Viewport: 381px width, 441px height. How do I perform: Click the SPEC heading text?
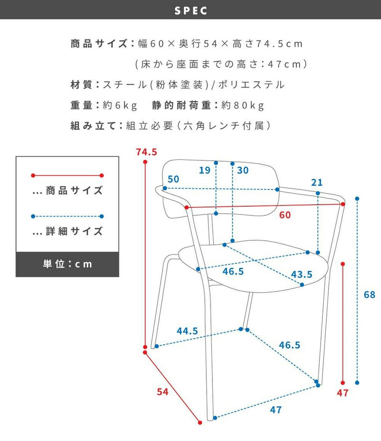pyautogui.click(x=190, y=10)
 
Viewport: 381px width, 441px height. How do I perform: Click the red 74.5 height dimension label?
pyautogui.click(x=146, y=152)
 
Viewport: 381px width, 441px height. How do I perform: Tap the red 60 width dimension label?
pyautogui.click(x=285, y=215)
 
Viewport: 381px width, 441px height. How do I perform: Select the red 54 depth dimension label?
pyautogui.click(x=162, y=392)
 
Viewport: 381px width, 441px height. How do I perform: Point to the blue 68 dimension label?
pyautogui.click(x=370, y=294)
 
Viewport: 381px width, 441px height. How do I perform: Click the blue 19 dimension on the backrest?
pyautogui.click(x=205, y=170)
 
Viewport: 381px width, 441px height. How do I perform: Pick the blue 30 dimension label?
pyautogui.click(x=243, y=170)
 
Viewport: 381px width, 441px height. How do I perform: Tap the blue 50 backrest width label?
pyautogui.click(x=173, y=179)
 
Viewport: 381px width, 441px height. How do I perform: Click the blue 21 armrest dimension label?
pyautogui.click(x=317, y=183)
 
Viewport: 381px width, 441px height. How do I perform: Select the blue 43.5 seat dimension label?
pyautogui.click(x=301, y=274)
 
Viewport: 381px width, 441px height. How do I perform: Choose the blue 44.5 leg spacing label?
pyautogui.click(x=187, y=331)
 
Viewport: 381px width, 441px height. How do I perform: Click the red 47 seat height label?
pyautogui.click(x=342, y=392)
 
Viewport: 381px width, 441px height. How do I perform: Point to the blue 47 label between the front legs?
pyautogui.click(x=276, y=410)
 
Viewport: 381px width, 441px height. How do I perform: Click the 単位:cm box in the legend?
pyautogui.click(x=67, y=265)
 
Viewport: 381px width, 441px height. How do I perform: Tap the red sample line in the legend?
pyautogui.click(x=67, y=176)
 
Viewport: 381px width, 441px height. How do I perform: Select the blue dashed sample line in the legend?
pyautogui.click(x=67, y=216)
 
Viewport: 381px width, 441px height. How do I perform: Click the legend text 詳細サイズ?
pyautogui.click(x=74, y=231)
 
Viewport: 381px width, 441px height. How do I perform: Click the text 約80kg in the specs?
pyautogui.click(x=243, y=106)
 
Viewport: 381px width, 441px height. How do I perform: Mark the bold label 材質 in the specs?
pyautogui.click(x=81, y=85)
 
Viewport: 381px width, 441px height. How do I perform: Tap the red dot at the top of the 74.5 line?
pyautogui.click(x=145, y=162)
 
